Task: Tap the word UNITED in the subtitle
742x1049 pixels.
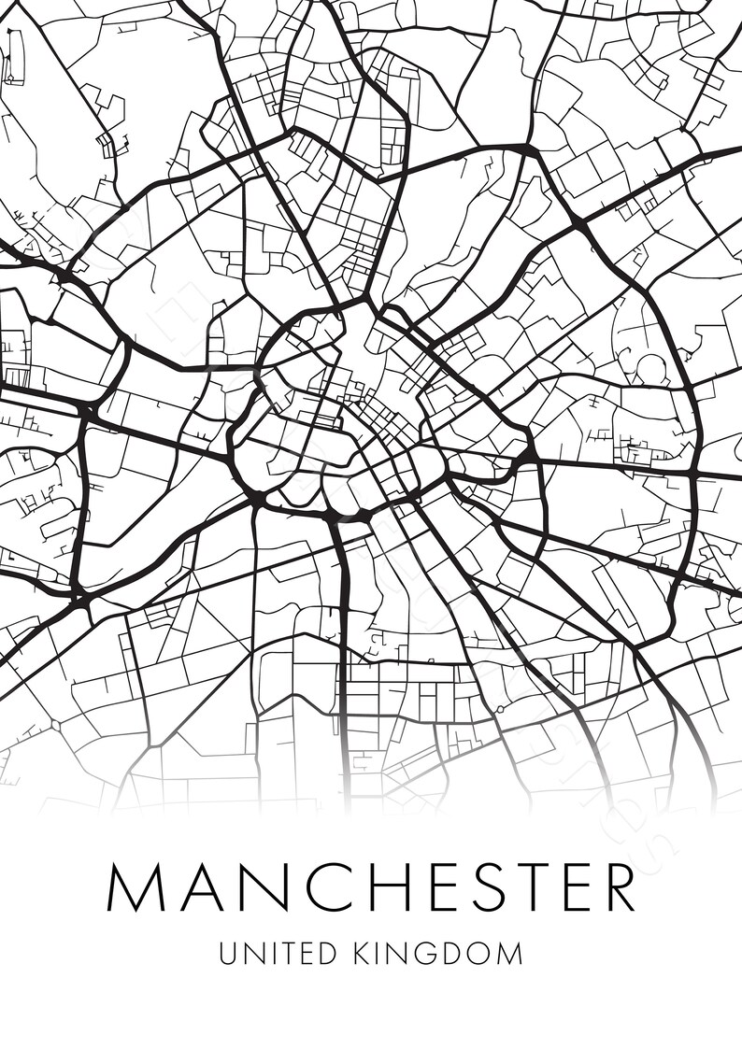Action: point(277,953)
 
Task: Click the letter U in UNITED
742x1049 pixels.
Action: point(228,953)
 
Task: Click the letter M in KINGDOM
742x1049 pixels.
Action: point(510,953)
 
